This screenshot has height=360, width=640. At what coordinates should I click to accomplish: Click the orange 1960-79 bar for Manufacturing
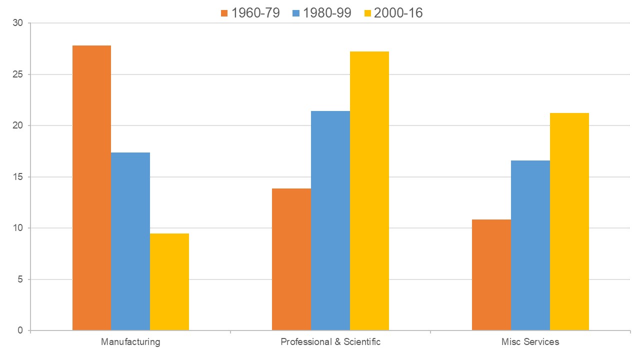tap(91, 187)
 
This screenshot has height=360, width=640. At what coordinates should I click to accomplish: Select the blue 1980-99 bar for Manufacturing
tap(130, 241)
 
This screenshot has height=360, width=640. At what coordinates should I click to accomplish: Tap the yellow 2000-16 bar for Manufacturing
tap(169, 281)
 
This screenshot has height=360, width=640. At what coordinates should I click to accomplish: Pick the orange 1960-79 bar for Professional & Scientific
tap(291, 259)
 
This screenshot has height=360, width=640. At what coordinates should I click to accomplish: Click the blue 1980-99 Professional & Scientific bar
tap(330, 220)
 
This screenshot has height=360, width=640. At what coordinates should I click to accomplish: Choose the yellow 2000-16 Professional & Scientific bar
tap(369, 190)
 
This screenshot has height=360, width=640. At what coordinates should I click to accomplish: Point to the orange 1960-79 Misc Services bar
tap(491, 274)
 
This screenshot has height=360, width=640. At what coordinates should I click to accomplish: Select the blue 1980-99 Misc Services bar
tap(530, 245)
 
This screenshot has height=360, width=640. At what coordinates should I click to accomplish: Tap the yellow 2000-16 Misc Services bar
tap(569, 221)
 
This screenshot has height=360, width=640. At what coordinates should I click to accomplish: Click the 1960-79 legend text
tap(255, 12)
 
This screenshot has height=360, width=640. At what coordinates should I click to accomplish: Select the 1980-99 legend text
tap(327, 12)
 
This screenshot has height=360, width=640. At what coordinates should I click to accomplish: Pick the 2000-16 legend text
tap(398, 12)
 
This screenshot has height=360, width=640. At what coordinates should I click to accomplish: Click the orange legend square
tap(223, 13)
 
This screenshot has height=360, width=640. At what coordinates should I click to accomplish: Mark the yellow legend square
tap(366, 13)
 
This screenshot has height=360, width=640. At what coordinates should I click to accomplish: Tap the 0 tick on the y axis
tap(20, 330)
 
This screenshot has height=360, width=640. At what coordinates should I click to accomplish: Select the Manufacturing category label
tap(130, 342)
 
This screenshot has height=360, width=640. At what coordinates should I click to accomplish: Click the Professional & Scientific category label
tap(330, 342)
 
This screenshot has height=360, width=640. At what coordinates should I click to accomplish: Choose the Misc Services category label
tap(530, 342)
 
